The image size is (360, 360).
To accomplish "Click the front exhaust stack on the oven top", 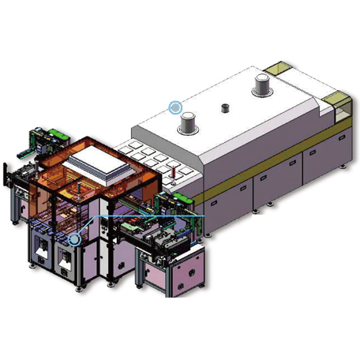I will pyautogui.click(x=189, y=123).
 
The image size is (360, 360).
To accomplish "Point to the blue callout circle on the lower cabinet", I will pyautogui.click(x=74, y=238).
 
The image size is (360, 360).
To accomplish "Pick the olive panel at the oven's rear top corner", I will pyautogui.click(x=278, y=67).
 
